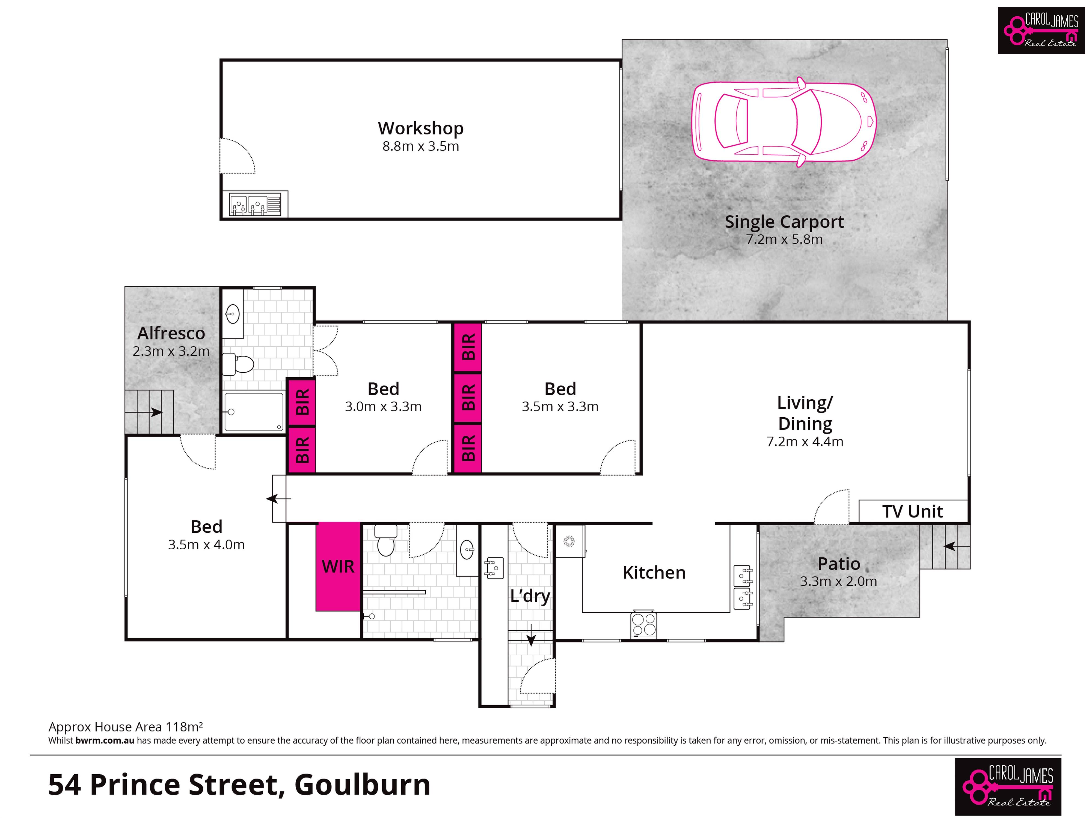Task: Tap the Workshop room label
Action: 421,128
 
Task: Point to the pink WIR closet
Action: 338,567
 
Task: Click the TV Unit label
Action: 912,512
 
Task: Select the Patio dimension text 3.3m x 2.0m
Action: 838,581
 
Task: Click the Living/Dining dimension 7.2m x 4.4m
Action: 805,442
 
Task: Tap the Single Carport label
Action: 784,222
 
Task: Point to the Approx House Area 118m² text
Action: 125,727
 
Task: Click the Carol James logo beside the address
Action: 1008,786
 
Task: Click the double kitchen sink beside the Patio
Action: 743,587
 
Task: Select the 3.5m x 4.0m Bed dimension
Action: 206,545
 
